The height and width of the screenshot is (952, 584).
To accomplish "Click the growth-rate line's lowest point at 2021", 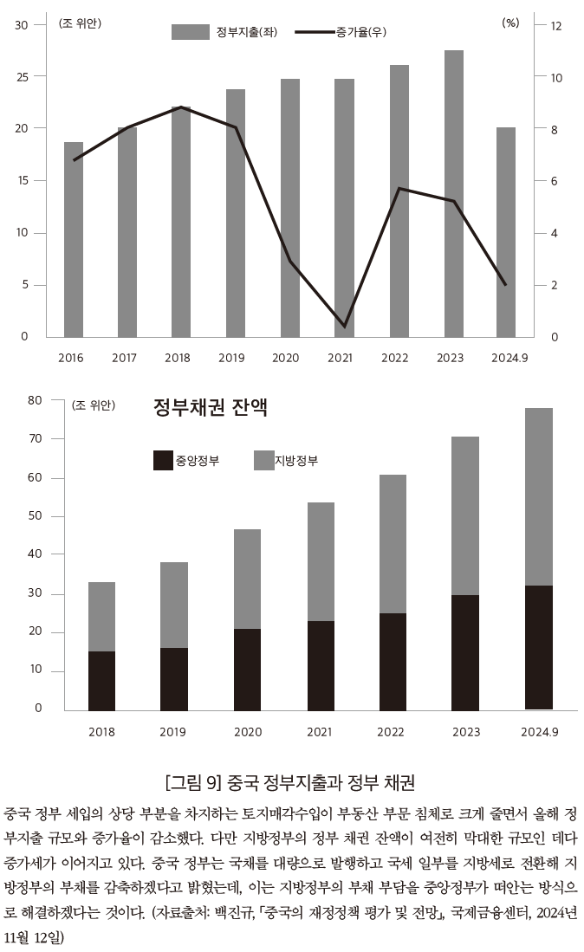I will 344,327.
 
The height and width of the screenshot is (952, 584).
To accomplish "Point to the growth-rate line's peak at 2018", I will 180,107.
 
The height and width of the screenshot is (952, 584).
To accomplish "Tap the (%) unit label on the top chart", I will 510,23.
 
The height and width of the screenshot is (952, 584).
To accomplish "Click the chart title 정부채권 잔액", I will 210,408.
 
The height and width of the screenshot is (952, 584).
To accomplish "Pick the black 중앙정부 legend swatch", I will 163,460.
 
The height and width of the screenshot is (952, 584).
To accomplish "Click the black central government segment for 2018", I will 101,681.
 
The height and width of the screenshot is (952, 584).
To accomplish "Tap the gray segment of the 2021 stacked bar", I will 320,561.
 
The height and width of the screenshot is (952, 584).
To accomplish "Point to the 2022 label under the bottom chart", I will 390,732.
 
